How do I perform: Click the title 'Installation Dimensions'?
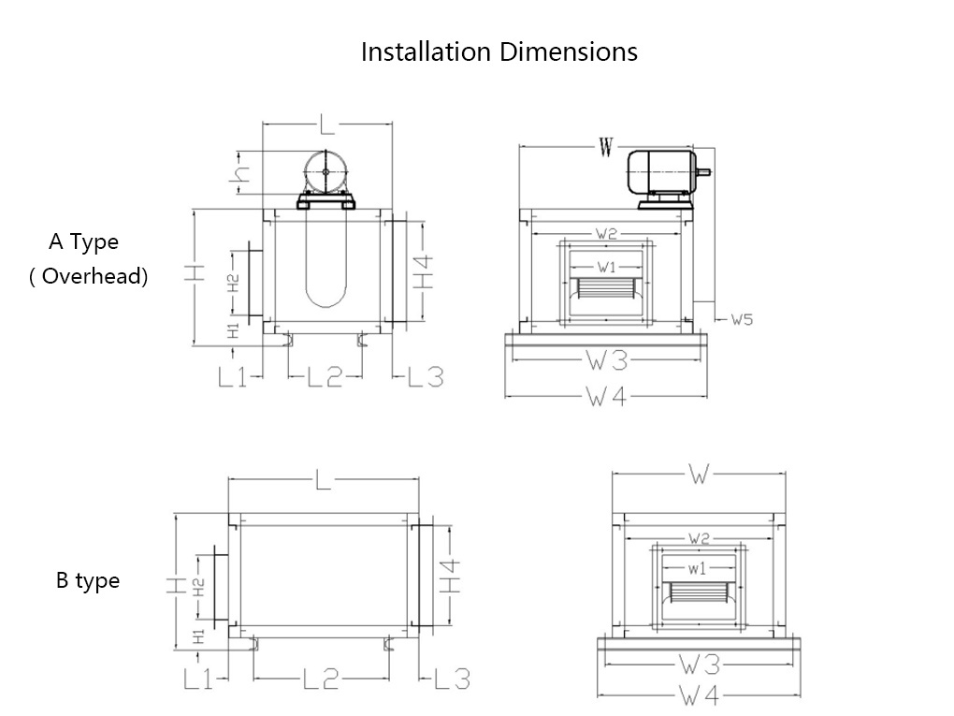pos(499,51)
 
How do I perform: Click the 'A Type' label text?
pos(84,241)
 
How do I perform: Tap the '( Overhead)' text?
pos(88,276)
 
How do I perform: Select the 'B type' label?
pos(88,580)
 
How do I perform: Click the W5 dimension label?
pos(742,320)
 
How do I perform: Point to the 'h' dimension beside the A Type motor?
pos(242,173)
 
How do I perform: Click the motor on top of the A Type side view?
pos(325,175)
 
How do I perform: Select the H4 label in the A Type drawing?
pos(425,271)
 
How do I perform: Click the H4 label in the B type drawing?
pos(452,575)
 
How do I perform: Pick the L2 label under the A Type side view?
pos(325,377)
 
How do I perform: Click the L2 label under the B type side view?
pos(321,679)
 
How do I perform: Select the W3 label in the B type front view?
pos(700,665)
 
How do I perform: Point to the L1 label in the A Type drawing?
pos(232,377)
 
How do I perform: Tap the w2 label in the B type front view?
pos(699,538)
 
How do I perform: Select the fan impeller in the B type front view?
pos(699,596)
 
